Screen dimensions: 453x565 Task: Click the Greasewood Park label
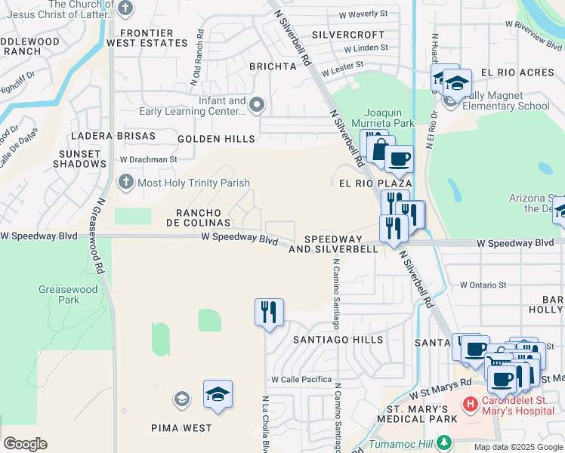pos(59,294)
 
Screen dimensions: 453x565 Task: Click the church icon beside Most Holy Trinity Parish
pos(125,182)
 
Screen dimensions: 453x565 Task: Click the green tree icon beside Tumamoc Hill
pos(446,442)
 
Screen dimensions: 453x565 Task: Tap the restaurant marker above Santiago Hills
pos(269,312)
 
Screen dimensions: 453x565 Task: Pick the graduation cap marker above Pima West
pos(218,394)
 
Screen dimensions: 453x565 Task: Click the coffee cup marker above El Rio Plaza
pos(399,159)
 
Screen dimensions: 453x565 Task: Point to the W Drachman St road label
pos(148,160)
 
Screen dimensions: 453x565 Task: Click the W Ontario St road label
pos(484,285)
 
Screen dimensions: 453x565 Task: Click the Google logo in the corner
pos(25,444)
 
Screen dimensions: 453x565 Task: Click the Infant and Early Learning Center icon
pos(257,105)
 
